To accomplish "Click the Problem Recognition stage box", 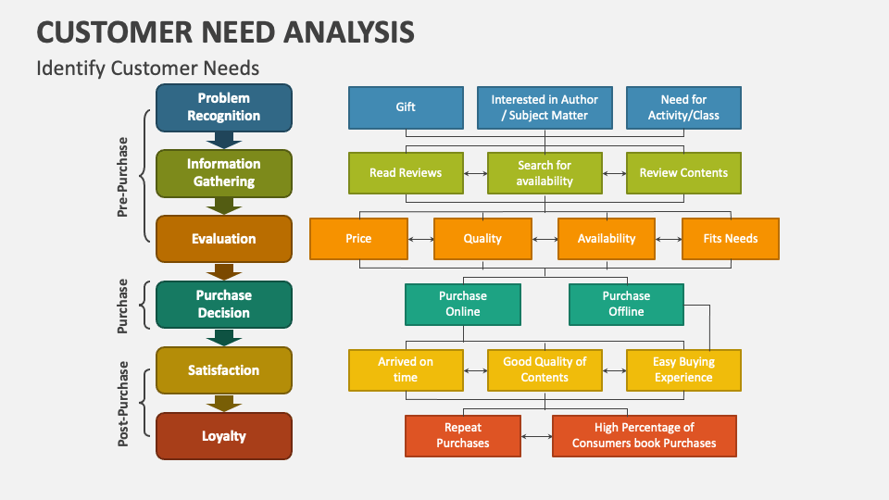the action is click(x=224, y=107).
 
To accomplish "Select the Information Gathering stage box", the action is click(x=224, y=173).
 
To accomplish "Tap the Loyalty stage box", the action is click(x=224, y=436).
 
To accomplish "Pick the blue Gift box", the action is click(x=406, y=107).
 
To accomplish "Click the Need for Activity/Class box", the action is click(x=683, y=107).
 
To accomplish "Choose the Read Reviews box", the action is click(x=406, y=173).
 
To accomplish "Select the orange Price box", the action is click(x=359, y=239).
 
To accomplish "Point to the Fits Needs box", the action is click(x=731, y=239).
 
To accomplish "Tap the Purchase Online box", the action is click(x=463, y=305).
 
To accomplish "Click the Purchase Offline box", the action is click(x=627, y=305).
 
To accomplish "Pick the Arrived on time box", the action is click(x=406, y=370).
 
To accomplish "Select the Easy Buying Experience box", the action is click(x=683, y=370).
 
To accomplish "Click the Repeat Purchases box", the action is click(x=463, y=436).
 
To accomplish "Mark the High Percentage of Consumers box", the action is click(x=645, y=436).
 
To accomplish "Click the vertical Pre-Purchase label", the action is click(x=122, y=177).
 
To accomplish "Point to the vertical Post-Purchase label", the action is click(x=122, y=404).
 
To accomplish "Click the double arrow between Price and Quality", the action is click(x=420, y=239).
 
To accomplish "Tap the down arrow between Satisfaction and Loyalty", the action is click(x=224, y=403).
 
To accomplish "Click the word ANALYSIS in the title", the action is click(x=349, y=31).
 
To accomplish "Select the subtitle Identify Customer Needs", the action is click(x=148, y=68).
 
